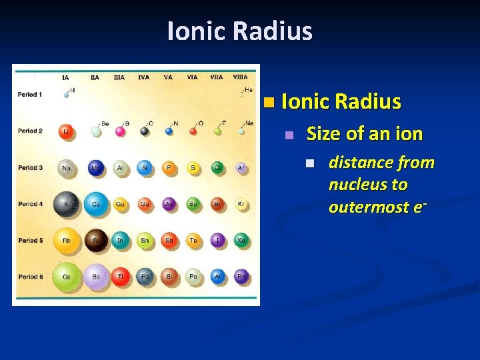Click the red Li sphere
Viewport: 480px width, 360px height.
[66, 131]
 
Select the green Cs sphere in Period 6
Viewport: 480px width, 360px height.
[66, 276]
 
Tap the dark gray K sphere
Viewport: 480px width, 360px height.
[66, 204]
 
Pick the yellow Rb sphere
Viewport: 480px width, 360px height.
[66, 241]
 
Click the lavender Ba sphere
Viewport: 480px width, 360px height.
[96, 276]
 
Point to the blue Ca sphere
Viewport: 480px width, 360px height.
[96, 204]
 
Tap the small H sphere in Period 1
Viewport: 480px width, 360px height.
[67, 95]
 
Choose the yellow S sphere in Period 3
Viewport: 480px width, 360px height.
[193, 168]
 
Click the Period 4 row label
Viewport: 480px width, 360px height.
[29, 204]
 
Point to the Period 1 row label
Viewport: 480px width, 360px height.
[29, 95]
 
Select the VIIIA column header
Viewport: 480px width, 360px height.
[240, 77]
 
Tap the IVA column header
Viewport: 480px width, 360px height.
[143, 77]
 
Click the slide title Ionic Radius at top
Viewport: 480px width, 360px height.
[240, 31]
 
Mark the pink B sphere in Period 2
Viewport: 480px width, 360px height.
[121, 131]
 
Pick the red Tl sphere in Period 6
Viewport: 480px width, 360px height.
[120, 276]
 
